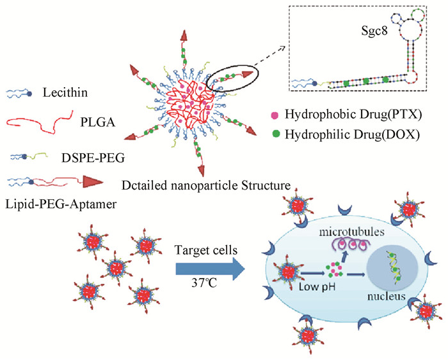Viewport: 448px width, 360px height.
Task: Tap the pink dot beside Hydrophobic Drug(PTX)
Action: [278, 117]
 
